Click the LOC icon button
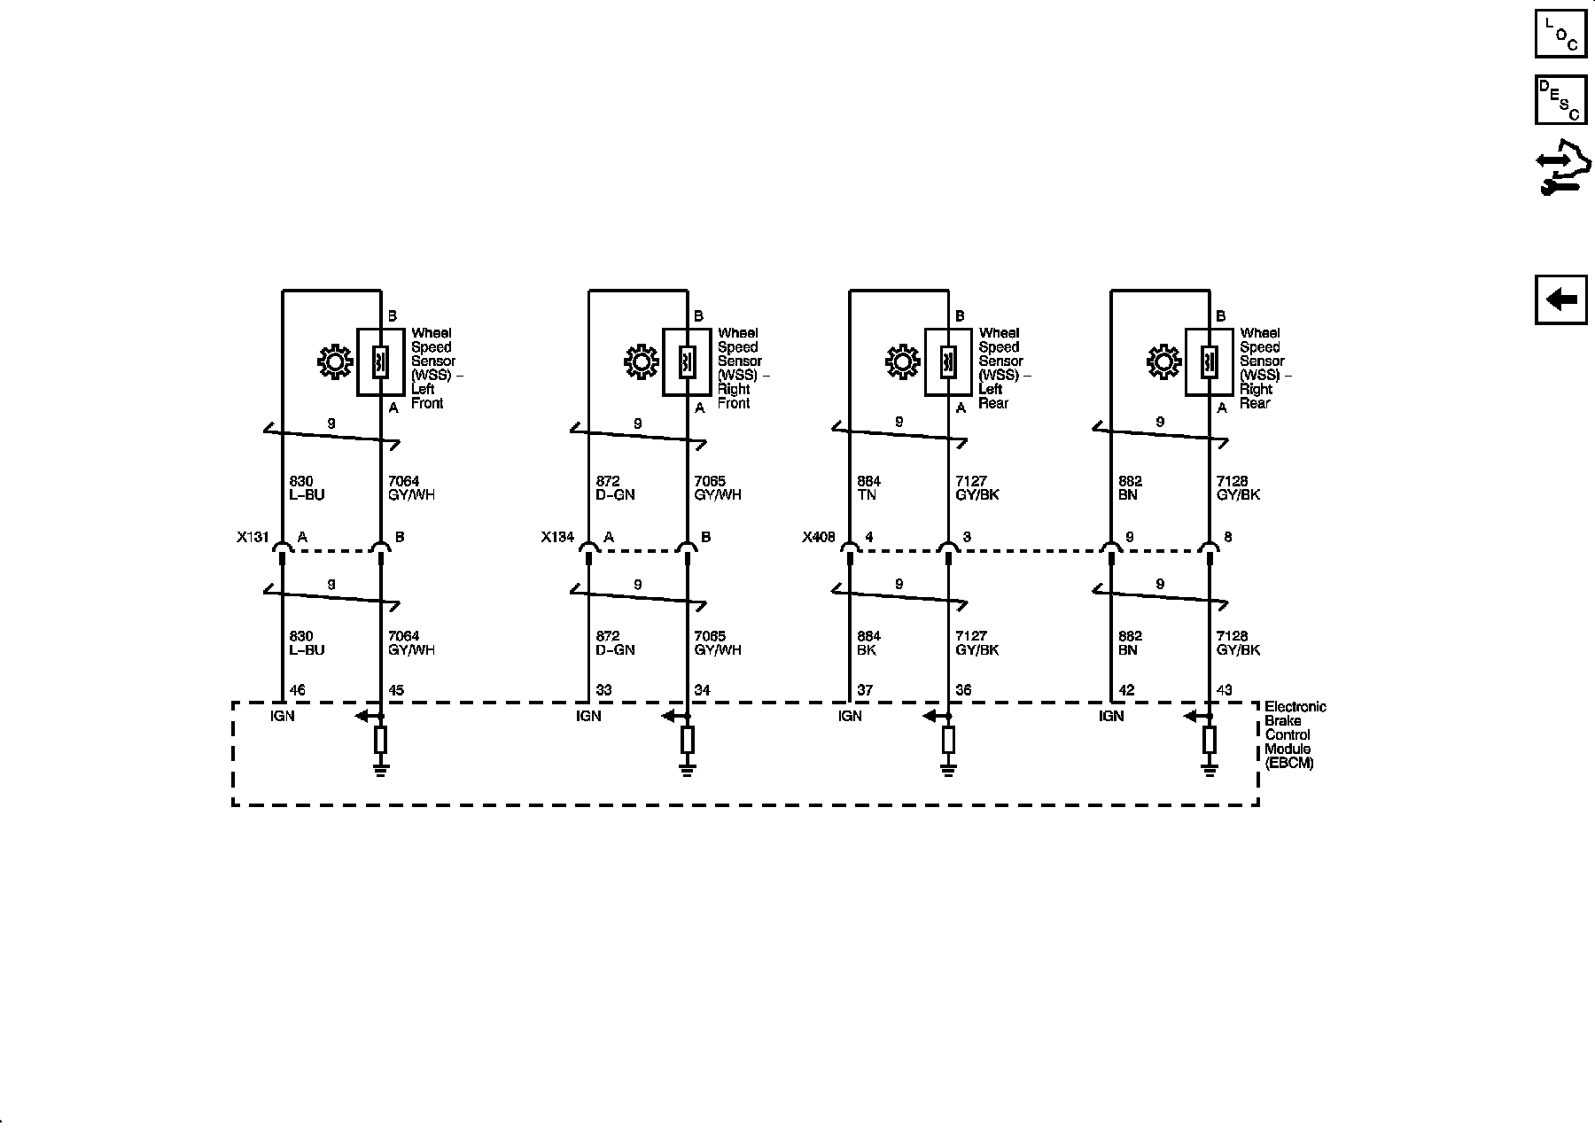(1560, 34)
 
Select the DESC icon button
(1560, 99)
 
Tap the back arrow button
(1560, 299)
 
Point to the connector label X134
(558, 537)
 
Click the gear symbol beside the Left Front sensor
(335, 362)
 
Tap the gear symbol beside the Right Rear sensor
(1163, 362)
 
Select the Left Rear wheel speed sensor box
(948, 362)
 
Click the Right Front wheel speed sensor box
(687, 362)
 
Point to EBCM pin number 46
(298, 690)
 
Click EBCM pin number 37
(866, 690)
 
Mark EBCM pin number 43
(1225, 690)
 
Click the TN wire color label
(867, 495)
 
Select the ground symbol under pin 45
(381, 769)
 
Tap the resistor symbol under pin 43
(1210, 739)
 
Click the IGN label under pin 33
(588, 716)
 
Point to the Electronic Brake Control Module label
(1295, 734)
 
